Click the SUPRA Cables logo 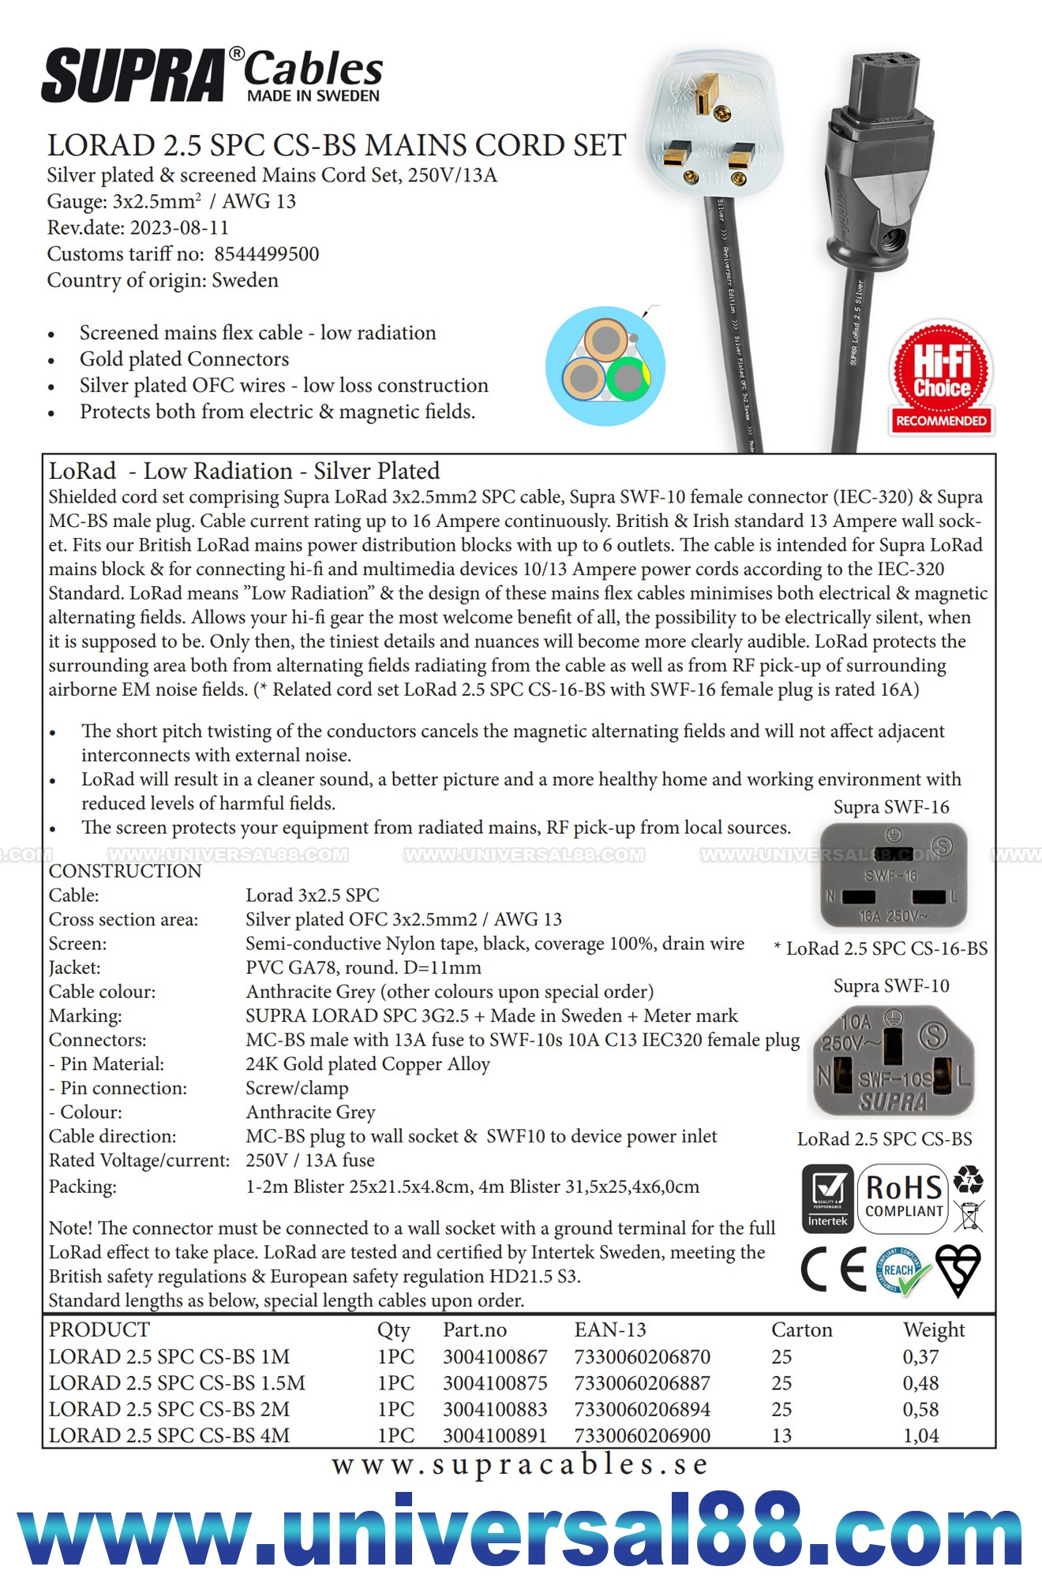[212, 76]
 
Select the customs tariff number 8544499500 [266, 254]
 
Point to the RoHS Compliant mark [904, 1198]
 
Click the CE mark [833, 1269]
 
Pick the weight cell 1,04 [920, 1435]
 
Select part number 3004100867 [495, 1357]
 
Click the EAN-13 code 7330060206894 [642, 1409]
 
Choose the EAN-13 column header [610, 1330]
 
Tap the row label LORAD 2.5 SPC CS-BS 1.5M [177, 1383]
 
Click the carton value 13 [781, 1435]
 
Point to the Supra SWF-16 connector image [893, 876]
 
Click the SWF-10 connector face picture [893, 1061]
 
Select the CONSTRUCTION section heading [125, 871]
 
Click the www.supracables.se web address [520, 1464]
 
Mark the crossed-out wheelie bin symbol [969, 1216]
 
